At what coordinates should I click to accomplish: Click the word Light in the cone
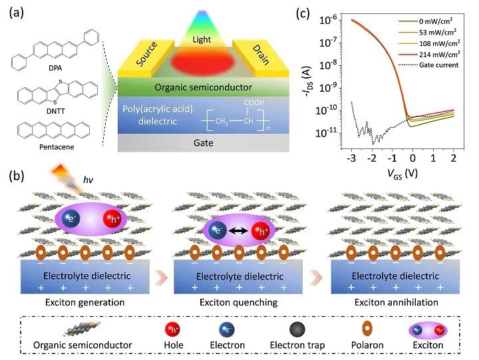pos(202,40)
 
